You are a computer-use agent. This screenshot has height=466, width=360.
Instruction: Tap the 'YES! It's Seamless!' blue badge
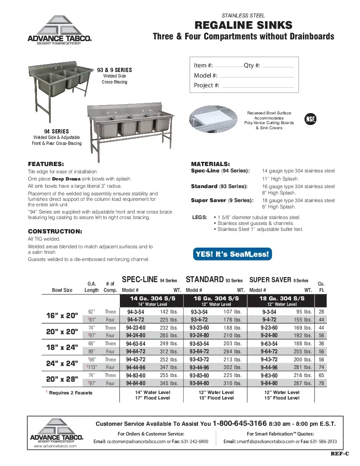coord(232,254)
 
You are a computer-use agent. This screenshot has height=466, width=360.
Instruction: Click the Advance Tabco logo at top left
coord(59,30)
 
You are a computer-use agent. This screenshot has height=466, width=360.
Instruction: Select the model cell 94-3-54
coord(136,312)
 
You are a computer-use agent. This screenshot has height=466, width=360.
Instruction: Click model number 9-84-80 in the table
coord(269,383)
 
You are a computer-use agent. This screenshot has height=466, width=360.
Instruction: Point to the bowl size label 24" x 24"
coord(62,363)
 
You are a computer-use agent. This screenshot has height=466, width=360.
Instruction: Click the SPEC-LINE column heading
coord(140,280)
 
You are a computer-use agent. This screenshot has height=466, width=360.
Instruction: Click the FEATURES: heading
coord(46,164)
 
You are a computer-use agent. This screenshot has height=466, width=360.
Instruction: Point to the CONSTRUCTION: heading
coord(55,231)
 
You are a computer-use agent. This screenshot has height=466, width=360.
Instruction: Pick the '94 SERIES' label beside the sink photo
coord(56,131)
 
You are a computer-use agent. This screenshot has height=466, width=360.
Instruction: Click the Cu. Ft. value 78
coord(321,383)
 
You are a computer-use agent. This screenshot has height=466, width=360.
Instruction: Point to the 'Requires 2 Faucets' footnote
coord(70,393)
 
